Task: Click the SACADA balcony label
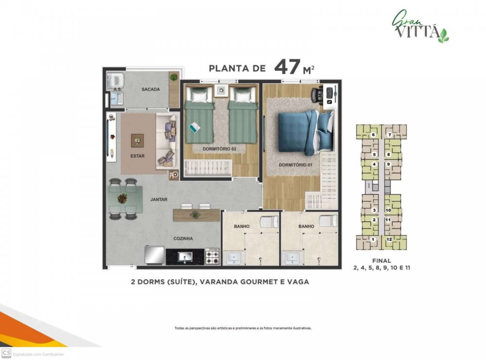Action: click(x=151, y=90)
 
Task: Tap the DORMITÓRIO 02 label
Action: click(x=220, y=149)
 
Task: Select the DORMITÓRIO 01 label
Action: click(x=295, y=165)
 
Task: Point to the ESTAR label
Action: click(x=138, y=156)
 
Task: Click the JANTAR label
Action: click(x=159, y=199)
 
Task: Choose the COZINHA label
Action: click(x=183, y=239)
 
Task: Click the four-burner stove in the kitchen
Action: click(x=213, y=256)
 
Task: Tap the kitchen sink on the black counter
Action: click(x=185, y=257)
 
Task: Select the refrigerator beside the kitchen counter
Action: click(x=155, y=255)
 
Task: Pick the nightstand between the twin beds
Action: click(x=221, y=90)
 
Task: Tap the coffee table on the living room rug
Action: click(x=138, y=141)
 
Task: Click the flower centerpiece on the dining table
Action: click(x=123, y=198)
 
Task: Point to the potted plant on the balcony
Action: click(x=174, y=76)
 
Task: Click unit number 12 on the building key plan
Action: click(x=389, y=239)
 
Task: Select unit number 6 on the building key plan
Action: click(x=373, y=135)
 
